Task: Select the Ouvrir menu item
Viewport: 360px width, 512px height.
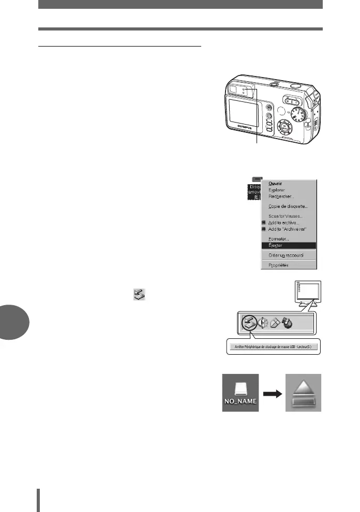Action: click(x=275, y=183)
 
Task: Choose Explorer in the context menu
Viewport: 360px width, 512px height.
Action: click(x=276, y=190)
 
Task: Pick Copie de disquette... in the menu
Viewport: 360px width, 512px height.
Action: click(x=288, y=206)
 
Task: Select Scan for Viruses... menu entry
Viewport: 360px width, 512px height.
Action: click(x=285, y=216)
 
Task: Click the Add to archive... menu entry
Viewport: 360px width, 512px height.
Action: click(x=284, y=222)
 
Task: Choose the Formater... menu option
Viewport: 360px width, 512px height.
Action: click(x=279, y=239)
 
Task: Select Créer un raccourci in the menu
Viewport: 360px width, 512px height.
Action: click(x=286, y=255)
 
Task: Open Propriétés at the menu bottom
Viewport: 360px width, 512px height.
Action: click(x=278, y=265)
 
